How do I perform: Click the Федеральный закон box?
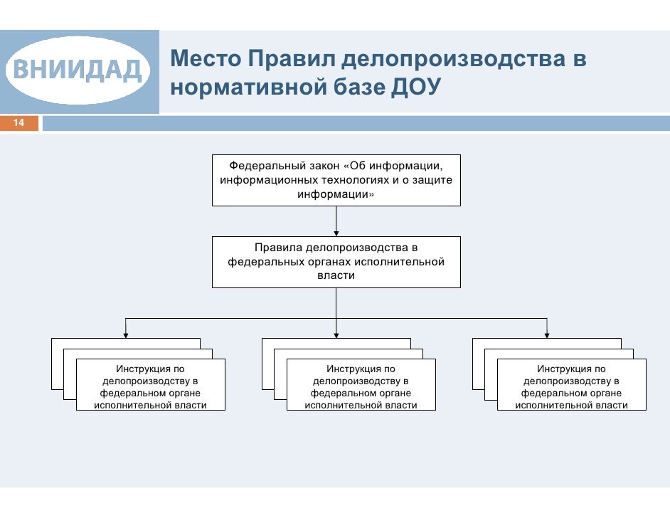pyautogui.click(x=336, y=180)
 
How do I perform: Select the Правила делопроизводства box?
pyautogui.click(x=336, y=262)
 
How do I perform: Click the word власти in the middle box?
pyautogui.click(x=336, y=275)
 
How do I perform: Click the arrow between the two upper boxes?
pyautogui.click(x=336, y=221)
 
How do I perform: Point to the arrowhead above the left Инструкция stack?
pyautogui.click(x=126, y=332)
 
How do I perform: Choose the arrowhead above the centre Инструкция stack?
pyautogui.click(x=336, y=332)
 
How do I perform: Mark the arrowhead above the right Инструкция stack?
pyautogui.click(x=546, y=332)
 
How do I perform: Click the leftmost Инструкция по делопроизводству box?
pyautogui.click(x=150, y=386)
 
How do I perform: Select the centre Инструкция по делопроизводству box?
pyautogui.click(x=361, y=386)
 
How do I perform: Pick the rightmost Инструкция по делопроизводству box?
pyautogui.click(x=571, y=386)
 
